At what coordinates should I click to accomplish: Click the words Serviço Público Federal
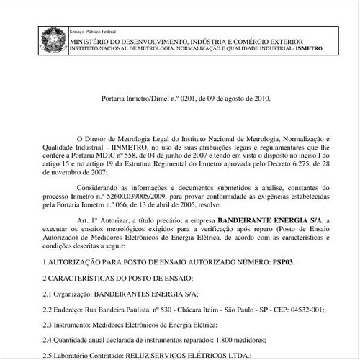(93, 33)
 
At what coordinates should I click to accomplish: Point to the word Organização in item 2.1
(79, 293)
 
